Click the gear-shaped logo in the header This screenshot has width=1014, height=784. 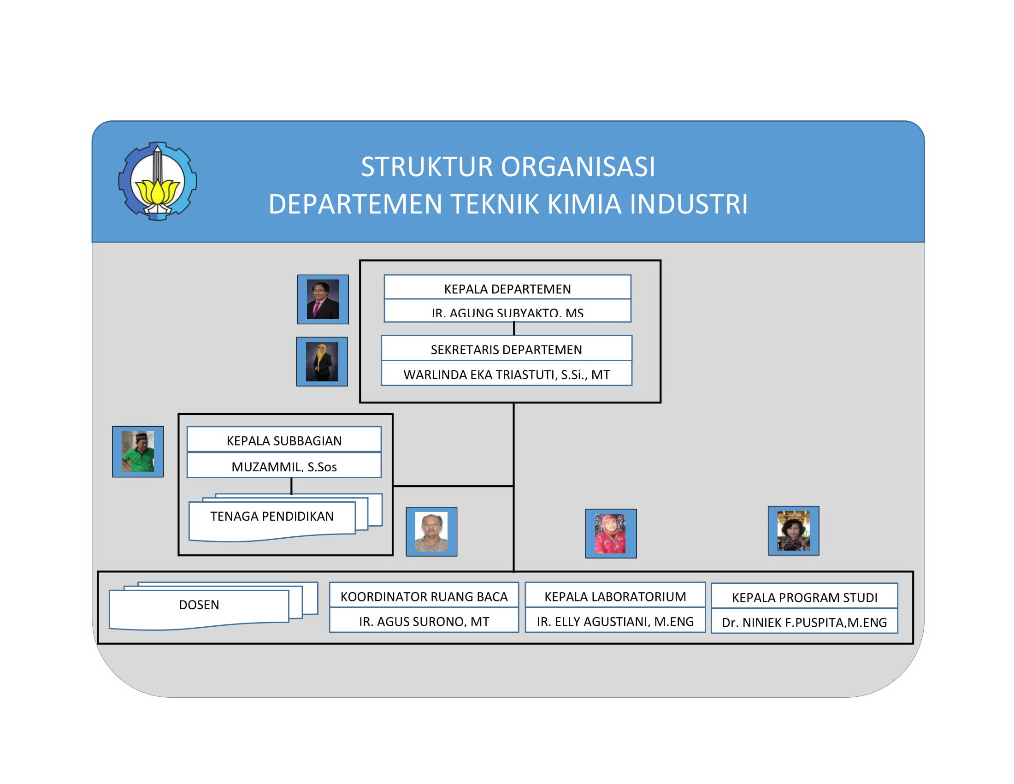click(157, 181)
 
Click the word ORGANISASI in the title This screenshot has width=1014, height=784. click(577, 167)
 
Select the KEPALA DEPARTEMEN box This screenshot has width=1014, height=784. click(507, 289)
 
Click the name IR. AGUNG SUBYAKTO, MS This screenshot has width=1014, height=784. click(507, 312)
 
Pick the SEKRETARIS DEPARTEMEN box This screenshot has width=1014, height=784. click(506, 350)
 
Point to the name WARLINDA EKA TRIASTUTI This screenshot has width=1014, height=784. click(506, 374)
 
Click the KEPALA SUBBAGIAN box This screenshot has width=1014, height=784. click(283, 440)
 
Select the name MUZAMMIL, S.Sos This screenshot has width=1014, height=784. click(283, 466)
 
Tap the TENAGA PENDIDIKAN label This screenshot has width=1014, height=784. click(271, 516)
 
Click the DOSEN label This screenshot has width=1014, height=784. click(199, 604)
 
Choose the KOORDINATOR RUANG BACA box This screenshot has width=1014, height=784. click(424, 596)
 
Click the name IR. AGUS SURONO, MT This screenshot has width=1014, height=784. click(424, 621)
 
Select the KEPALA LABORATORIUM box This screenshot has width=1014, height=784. click(615, 596)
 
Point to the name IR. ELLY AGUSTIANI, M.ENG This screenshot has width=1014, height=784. click(615, 621)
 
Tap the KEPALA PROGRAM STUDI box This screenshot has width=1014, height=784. click(804, 597)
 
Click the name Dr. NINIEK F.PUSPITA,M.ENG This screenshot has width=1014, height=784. click(804, 622)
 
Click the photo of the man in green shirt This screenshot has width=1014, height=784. click(137, 451)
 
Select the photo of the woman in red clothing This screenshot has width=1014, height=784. click(611, 533)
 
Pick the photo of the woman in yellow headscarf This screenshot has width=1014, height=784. click(322, 362)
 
